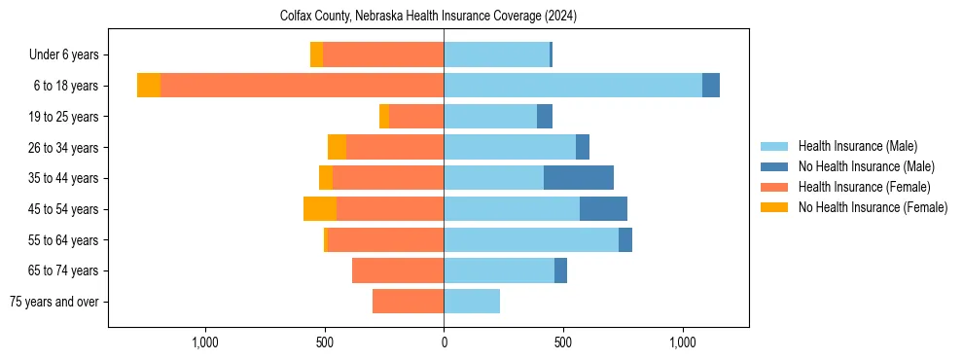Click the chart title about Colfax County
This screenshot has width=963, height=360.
(429, 17)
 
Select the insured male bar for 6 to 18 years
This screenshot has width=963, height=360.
(573, 86)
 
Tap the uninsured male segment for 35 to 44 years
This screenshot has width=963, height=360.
(579, 178)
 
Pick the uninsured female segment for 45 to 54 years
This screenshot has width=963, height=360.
(320, 209)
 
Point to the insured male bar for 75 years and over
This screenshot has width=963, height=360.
(472, 302)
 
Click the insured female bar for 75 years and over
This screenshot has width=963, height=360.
(409, 302)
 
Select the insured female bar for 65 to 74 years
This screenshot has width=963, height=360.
(398, 270)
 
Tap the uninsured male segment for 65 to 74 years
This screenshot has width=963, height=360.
(560, 270)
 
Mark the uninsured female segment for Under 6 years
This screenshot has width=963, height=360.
(316, 54)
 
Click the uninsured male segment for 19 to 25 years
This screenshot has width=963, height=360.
(545, 117)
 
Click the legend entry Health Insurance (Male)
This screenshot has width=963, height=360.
(857, 146)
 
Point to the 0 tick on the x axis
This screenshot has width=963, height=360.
(444, 342)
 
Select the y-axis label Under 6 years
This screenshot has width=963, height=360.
(63, 55)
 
